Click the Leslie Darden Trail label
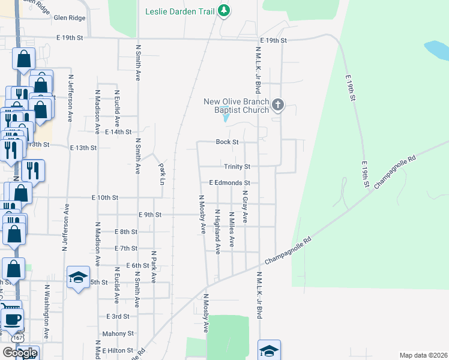(180, 11)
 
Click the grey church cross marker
(277, 106)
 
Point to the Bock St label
(228, 142)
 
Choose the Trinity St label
(237, 166)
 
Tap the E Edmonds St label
(229, 182)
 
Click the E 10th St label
(105, 197)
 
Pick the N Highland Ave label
(218, 233)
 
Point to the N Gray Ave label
(245, 207)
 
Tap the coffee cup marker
(13, 319)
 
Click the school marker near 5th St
(77, 277)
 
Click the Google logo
(20, 353)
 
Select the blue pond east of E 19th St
(436, 49)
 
